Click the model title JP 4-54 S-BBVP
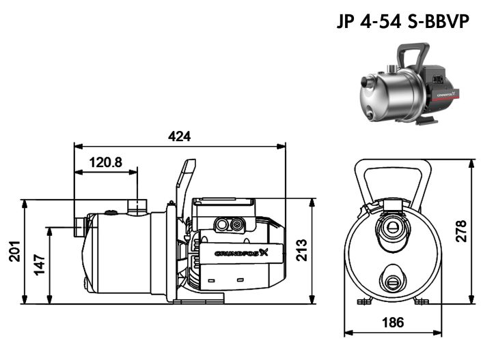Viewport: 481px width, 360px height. pyautogui.click(x=403, y=21)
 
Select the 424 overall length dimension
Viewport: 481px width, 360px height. pyautogui.click(x=180, y=136)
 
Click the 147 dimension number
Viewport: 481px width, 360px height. pyautogui.click(x=40, y=262)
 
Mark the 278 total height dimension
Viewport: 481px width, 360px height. pyautogui.click(x=461, y=233)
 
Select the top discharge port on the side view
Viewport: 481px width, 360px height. pyautogui.click(x=139, y=206)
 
